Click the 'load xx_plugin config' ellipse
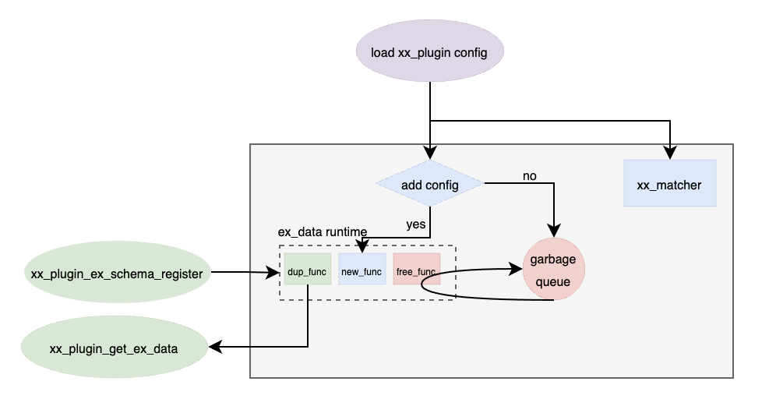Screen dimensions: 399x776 click(x=429, y=53)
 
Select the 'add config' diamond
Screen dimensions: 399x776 click(x=429, y=185)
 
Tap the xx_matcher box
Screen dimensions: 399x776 click(x=669, y=185)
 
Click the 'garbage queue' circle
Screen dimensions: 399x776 click(x=553, y=269)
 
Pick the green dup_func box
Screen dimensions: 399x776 click(x=307, y=272)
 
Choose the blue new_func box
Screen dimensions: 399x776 click(x=362, y=272)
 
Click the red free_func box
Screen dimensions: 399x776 click(x=416, y=272)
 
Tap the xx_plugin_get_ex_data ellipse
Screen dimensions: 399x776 click(x=114, y=348)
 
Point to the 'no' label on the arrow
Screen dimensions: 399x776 click(x=530, y=175)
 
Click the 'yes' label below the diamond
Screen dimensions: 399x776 click(x=416, y=224)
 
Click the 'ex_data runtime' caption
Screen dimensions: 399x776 click(x=323, y=233)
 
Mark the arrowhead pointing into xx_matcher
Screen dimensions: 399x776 click(x=669, y=155)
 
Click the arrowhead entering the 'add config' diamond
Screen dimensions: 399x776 click(x=429, y=155)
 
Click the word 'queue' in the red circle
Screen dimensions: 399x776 click(x=553, y=281)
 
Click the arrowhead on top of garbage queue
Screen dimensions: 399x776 click(x=553, y=231)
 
